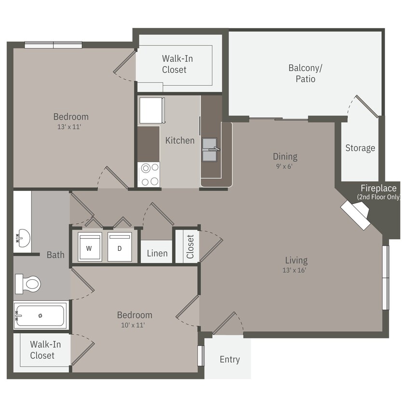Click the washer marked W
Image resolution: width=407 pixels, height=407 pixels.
point(89,247)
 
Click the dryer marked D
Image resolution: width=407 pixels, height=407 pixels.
point(120,247)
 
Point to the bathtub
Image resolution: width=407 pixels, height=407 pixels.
point(41,316)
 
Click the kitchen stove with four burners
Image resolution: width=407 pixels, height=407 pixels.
point(149,175)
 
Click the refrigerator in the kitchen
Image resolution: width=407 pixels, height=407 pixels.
point(151,110)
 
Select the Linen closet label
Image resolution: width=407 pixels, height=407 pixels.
point(157,253)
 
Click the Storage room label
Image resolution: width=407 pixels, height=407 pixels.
point(360,148)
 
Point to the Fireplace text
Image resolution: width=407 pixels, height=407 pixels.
point(379,188)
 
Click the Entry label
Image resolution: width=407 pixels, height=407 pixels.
point(230,359)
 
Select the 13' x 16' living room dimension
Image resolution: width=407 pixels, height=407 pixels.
point(296,270)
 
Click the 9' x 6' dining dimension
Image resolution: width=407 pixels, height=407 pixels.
point(285,166)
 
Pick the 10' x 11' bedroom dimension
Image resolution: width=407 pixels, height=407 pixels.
point(135,325)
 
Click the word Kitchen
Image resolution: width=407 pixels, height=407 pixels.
point(180,140)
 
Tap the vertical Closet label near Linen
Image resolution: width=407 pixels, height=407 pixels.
point(190,246)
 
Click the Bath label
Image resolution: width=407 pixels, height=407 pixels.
point(55,255)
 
